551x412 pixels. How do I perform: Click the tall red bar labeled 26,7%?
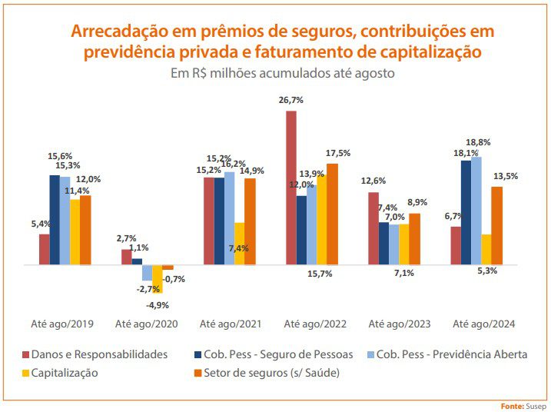click(x=291, y=188)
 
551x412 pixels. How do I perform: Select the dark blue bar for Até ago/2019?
click(x=55, y=220)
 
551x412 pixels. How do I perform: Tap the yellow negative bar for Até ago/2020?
click(x=158, y=279)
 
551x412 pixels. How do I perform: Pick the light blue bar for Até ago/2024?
click(x=476, y=211)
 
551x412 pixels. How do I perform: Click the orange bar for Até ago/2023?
click(x=414, y=239)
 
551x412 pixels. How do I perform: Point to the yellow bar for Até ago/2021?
click(x=240, y=244)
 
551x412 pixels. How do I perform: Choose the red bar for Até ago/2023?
click(x=373, y=228)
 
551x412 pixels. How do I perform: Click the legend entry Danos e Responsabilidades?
click(x=100, y=354)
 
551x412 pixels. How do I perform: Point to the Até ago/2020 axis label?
click(x=146, y=324)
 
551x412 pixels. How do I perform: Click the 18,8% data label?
click(x=478, y=143)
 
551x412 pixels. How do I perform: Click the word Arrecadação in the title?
click(x=116, y=32)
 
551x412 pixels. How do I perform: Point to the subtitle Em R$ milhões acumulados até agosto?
click(x=282, y=75)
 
